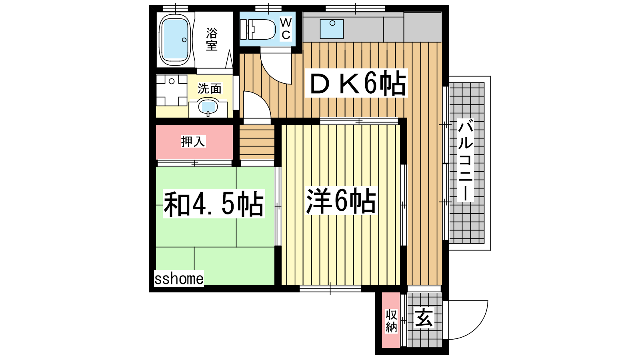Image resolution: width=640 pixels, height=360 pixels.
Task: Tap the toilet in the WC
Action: tap(258, 29)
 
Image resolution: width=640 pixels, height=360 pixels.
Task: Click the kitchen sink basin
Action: tap(332, 29)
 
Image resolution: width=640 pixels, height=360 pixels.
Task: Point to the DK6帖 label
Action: tap(357, 83)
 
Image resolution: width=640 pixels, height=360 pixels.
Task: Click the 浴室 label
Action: tap(212, 39)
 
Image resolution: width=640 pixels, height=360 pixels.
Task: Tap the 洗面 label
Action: tap(210, 88)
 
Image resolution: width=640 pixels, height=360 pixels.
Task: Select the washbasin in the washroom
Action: tap(208, 107)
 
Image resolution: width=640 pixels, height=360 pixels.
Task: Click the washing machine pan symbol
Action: tap(172, 90)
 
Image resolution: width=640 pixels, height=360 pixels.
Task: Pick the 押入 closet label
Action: tap(193, 142)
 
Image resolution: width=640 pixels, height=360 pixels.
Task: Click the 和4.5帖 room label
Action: tap(214, 204)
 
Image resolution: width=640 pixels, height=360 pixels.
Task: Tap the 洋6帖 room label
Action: tap(341, 200)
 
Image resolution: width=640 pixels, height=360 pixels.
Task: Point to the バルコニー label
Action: tap(466, 160)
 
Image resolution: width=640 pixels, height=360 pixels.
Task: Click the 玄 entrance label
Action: tap(424, 318)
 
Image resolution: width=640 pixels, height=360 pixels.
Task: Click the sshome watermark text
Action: tap(179, 278)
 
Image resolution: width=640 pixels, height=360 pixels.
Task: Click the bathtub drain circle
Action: tap(184, 40)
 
